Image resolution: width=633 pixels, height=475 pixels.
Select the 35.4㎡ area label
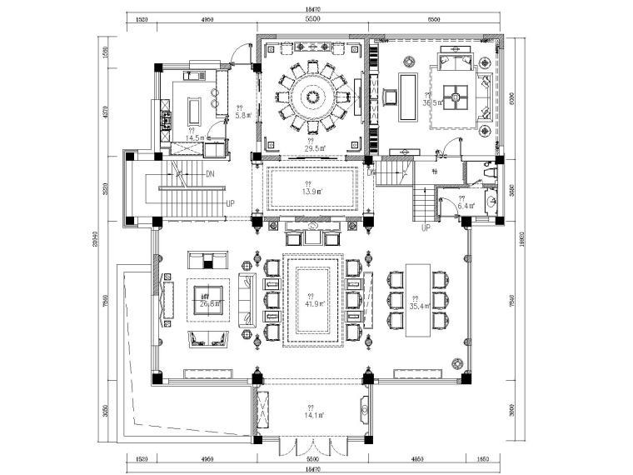(418, 306)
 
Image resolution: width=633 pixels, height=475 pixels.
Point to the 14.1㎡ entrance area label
(311, 414)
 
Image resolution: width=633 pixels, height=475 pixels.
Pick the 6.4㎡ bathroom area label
(466, 205)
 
